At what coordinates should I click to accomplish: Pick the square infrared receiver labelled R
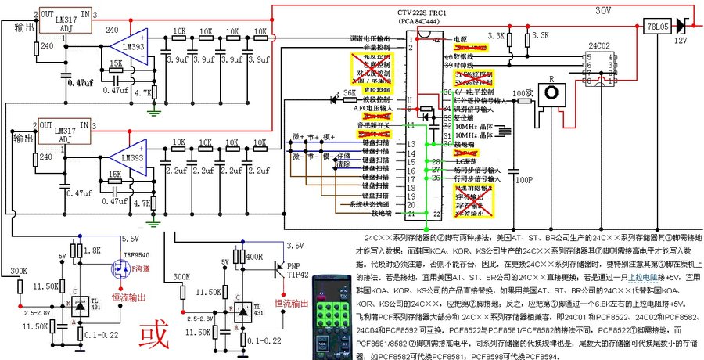pyautogui.click(x=555, y=95)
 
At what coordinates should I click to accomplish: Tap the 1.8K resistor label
pyautogui.click(x=92, y=250)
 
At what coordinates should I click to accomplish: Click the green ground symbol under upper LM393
pyautogui.click(x=156, y=112)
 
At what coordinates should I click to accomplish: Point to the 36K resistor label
pyautogui.click(x=349, y=93)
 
